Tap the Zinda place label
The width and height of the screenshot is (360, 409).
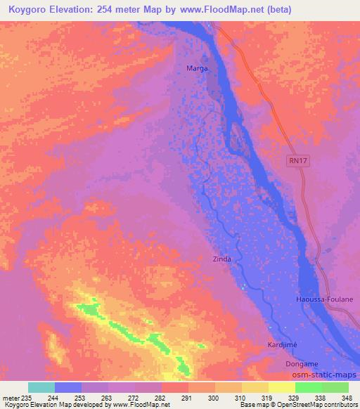(x=222, y=259)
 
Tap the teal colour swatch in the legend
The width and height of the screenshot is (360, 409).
(x=41, y=387)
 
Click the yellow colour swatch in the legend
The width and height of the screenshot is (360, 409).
(x=281, y=387)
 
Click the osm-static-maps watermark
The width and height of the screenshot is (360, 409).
(x=326, y=377)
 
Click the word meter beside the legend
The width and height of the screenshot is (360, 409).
(x=12, y=397)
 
